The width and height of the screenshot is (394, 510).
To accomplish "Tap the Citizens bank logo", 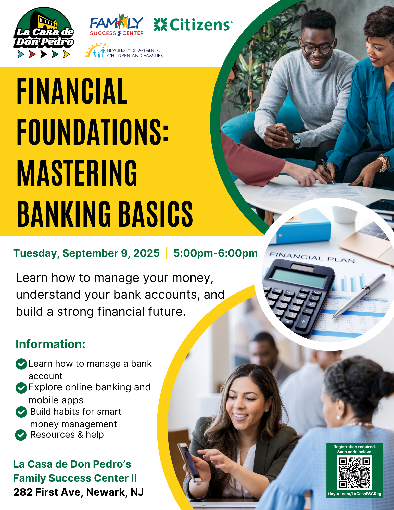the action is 193,25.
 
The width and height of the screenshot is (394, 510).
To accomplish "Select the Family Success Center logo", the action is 117,24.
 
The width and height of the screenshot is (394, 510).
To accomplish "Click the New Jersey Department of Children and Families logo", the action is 124,51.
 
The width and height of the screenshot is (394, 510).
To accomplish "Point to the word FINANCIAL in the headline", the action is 72,91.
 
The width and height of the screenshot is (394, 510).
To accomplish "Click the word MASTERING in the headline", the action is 77,173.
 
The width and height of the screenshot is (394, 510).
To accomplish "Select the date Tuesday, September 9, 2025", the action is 86,253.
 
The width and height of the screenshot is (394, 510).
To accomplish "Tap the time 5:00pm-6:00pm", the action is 215,253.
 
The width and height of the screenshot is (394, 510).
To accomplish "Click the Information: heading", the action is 50,344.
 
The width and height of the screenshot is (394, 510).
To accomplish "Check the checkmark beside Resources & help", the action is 21,435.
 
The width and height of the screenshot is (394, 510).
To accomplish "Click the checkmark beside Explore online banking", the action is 21,388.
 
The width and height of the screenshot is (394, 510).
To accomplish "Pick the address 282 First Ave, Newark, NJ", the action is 79,492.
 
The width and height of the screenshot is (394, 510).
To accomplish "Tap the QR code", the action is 354,473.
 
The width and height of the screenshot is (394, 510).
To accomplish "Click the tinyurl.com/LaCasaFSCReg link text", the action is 354,494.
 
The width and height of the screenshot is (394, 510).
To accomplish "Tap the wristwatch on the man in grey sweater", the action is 296,140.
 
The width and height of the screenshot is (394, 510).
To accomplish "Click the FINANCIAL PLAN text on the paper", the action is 312,257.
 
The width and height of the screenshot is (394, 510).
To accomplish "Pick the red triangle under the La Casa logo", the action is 32,54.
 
